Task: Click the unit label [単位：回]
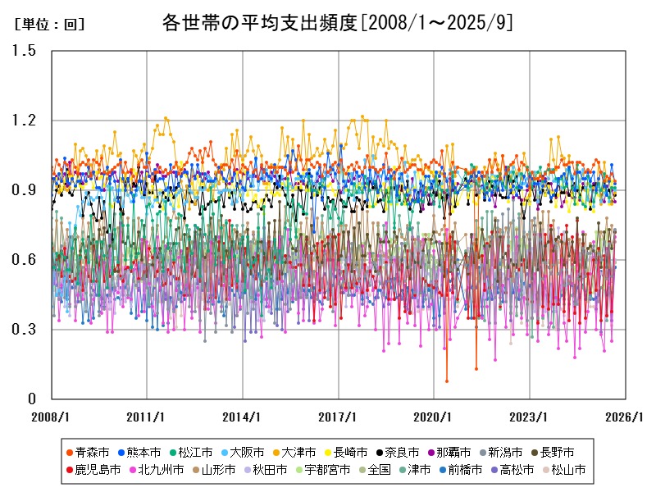(x=49, y=25)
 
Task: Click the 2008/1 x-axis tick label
(x=51, y=416)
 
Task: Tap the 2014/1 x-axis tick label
(x=243, y=416)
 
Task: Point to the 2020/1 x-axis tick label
(x=435, y=416)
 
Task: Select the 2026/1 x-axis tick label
(x=626, y=416)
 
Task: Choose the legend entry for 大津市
(x=298, y=452)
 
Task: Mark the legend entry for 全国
(x=378, y=470)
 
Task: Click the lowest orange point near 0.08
(x=447, y=380)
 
